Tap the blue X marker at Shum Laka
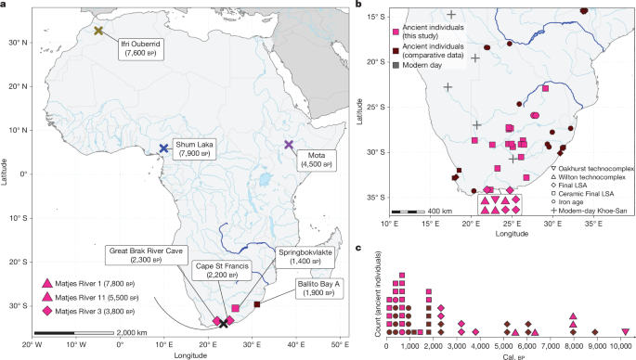[x=163, y=148]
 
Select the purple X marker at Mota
[x=289, y=145]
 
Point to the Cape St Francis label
[x=222, y=270]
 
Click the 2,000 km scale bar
[x=65, y=331]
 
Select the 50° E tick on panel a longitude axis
[x=339, y=344]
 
